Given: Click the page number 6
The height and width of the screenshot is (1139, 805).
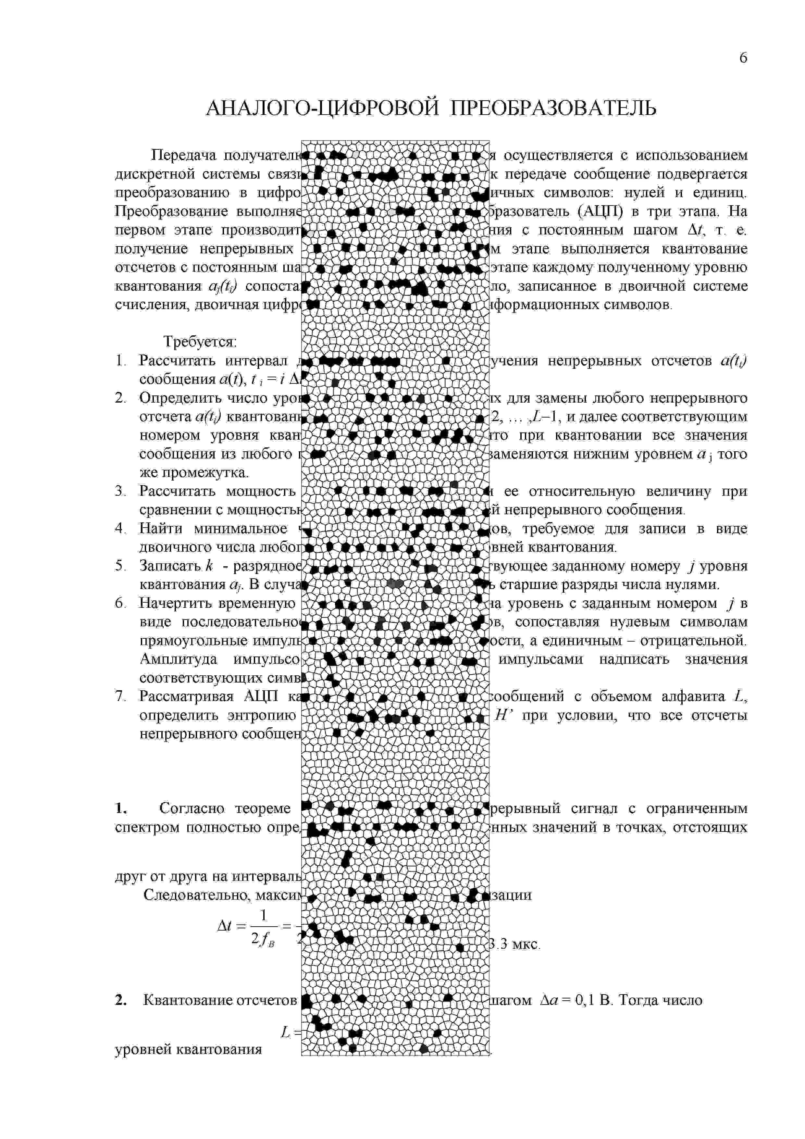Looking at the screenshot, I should [742, 58].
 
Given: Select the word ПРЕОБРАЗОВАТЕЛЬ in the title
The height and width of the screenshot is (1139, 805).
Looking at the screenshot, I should [553, 108].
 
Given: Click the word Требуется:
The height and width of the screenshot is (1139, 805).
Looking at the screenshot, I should [200, 342].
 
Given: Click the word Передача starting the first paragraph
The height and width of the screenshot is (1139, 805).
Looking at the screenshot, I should [183, 156].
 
